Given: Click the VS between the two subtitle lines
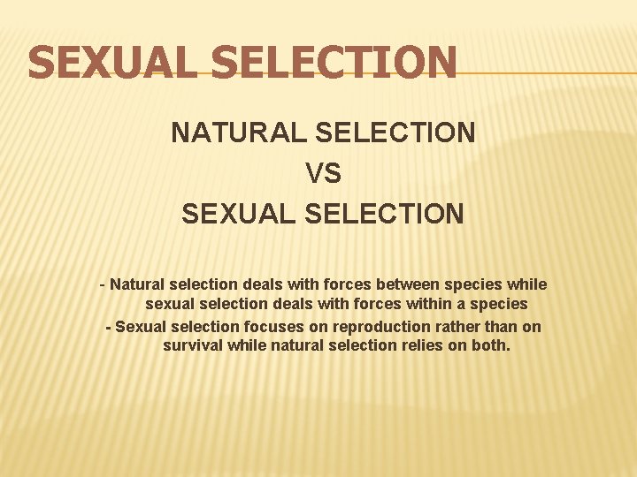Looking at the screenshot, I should coord(323,173).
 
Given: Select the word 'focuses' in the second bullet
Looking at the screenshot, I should coord(270,326).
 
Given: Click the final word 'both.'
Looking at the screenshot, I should coord(490,345).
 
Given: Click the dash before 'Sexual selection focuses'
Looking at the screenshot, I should coord(108,326).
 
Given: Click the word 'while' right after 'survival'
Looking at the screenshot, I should coord(245,345).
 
